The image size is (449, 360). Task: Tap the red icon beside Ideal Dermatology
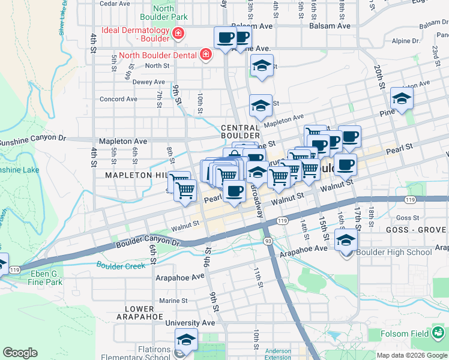pyautogui.click(x=178, y=34)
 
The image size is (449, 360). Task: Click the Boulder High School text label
pyautogui.click(x=394, y=252)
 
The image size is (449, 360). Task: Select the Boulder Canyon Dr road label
pyautogui.click(x=147, y=241)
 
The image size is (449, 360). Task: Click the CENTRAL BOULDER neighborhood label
pyautogui.click(x=240, y=132)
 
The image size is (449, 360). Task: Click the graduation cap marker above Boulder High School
pyautogui.click(x=345, y=241)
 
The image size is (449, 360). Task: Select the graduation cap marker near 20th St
pyautogui.click(x=402, y=98)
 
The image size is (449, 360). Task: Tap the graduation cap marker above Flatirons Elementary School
pyautogui.click(x=186, y=340)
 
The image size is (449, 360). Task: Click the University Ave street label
pyautogui.click(x=190, y=323)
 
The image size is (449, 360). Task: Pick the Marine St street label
pyautogui.click(x=173, y=301)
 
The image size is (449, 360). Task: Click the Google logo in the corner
pyautogui.click(x=20, y=353)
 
